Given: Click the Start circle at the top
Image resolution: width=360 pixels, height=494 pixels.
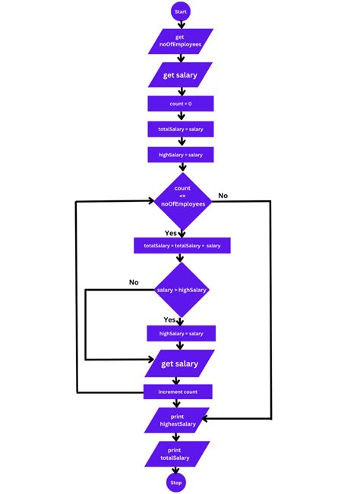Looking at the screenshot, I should (181, 11).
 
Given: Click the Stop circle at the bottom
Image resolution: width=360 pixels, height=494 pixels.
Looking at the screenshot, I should (175, 482).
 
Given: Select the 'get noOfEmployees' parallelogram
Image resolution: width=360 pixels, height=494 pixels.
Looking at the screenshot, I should (181, 41).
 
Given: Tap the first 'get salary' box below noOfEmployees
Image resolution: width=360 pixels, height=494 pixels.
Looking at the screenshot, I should (181, 74).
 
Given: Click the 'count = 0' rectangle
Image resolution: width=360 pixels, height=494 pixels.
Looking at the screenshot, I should (181, 103).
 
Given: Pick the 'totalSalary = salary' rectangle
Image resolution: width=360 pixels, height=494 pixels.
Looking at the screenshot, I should (181, 129).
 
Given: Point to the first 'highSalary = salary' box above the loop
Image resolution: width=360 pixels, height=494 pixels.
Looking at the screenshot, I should (181, 155).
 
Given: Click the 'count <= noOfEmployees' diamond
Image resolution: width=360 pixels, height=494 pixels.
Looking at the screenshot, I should (181, 200).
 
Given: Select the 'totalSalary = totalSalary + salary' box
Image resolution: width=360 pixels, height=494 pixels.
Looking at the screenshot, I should (182, 246).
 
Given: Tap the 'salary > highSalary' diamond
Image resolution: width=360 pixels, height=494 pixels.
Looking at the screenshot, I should (182, 290).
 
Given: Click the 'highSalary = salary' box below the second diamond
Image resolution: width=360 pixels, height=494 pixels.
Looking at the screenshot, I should (181, 333).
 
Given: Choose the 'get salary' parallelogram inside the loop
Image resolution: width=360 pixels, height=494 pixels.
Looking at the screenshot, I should (181, 363).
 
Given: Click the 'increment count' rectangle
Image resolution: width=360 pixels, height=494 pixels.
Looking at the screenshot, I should (178, 392).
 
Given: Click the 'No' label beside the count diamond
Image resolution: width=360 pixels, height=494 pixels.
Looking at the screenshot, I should (223, 196).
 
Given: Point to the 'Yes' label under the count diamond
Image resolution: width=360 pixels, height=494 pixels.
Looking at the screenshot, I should (172, 233).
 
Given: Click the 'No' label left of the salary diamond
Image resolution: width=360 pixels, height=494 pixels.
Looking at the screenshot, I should (134, 282).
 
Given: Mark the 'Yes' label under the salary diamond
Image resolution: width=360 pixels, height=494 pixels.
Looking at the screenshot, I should (170, 320).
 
